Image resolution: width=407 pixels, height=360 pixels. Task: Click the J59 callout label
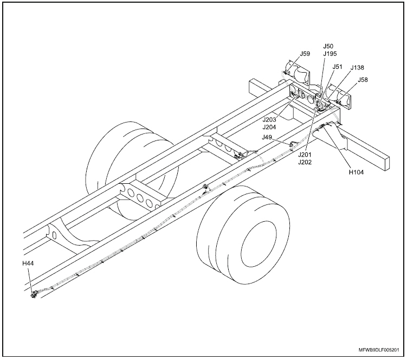click(x=305, y=54)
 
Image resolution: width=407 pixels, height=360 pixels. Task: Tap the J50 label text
click(x=328, y=47)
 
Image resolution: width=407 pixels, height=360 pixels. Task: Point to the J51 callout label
click(x=337, y=67)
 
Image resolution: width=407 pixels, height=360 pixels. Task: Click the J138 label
click(x=357, y=68)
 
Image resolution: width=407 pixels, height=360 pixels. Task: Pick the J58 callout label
click(x=363, y=80)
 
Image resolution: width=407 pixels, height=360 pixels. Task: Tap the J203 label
click(x=270, y=119)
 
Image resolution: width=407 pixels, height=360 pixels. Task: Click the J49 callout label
click(x=267, y=138)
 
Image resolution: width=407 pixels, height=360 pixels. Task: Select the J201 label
click(x=306, y=155)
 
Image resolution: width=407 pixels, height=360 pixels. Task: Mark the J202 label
click(x=306, y=162)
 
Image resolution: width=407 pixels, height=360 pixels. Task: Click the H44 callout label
click(x=28, y=263)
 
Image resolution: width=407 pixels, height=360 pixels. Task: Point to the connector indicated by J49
click(x=293, y=144)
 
